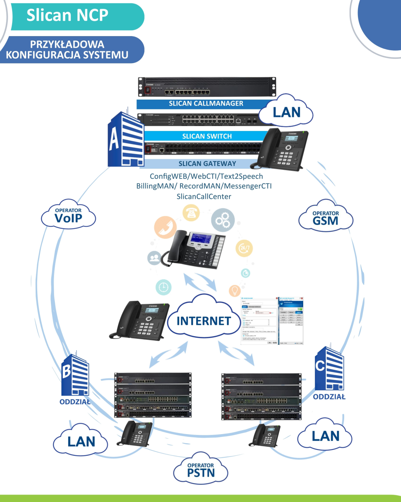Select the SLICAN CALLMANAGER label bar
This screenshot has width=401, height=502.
[206, 104]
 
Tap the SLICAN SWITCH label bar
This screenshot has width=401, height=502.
[207, 136]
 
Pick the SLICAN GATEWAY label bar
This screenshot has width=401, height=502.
[207, 164]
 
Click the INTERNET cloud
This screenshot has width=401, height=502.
[204, 321]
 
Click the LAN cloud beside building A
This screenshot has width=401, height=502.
[287, 113]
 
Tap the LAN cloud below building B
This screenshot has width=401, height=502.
[81, 441]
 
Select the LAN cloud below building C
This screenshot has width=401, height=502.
[325, 436]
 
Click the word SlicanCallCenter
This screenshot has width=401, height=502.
[204, 196]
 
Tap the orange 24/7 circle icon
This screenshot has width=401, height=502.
[244, 248]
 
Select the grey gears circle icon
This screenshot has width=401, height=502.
[222, 220]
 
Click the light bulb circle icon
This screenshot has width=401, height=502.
[235, 291]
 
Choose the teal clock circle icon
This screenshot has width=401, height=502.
[163, 287]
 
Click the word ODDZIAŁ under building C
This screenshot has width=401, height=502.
[329, 397]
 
